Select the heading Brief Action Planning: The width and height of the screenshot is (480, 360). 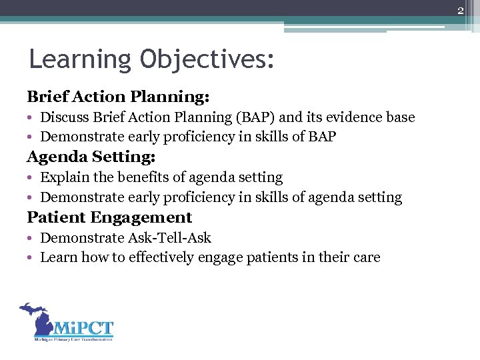[118, 97]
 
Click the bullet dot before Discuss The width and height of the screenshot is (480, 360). [31, 119]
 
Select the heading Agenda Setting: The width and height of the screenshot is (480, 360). [91, 157]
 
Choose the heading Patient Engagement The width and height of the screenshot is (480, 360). [109, 217]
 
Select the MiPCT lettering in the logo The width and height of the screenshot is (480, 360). [83, 329]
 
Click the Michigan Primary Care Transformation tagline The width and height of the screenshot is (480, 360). [73, 339]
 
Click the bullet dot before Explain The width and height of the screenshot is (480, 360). [31, 179]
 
